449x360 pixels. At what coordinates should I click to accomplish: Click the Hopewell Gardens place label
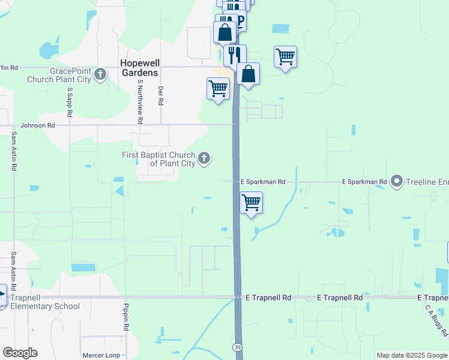pos(139,67)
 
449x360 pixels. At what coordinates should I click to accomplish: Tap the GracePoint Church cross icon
pos(100,75)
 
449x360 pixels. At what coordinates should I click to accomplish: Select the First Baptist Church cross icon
pos(204,158)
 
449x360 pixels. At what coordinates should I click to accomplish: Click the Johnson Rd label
pos(37,125)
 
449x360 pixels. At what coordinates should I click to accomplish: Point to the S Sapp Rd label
pos(70,102)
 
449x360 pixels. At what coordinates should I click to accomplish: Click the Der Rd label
pos(160,95)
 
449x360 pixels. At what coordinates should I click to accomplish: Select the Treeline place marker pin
pos(396,181)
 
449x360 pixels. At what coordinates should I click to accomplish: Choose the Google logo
pos(19,353)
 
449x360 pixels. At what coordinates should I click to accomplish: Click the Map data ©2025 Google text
pos(411,355)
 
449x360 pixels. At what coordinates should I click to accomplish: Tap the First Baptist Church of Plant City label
pos(158,159)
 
